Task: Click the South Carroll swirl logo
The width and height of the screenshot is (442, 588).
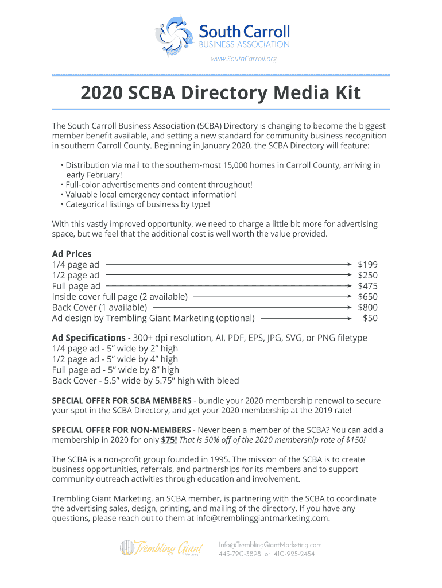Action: point(175,36)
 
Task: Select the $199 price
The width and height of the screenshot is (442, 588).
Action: point(367,265)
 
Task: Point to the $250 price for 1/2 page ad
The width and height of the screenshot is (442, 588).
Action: point(367,276)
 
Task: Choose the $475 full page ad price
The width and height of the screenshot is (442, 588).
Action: point(367,286)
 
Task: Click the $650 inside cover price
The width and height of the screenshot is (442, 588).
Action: point(367,297)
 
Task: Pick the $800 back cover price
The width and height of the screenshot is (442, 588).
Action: point(367,307)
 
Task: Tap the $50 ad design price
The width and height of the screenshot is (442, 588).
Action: point(370,318)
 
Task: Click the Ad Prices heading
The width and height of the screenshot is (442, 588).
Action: point(72,254)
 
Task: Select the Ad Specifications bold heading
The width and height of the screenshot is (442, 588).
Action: point(88,338)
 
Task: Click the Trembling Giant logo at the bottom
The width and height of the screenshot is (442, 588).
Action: point(161,548)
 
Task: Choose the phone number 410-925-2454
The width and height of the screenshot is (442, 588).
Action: point(294,554)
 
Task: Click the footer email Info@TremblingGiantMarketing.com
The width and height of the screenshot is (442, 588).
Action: point(270,544)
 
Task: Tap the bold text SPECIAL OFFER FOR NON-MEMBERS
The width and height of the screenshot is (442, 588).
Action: point(122,430)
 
